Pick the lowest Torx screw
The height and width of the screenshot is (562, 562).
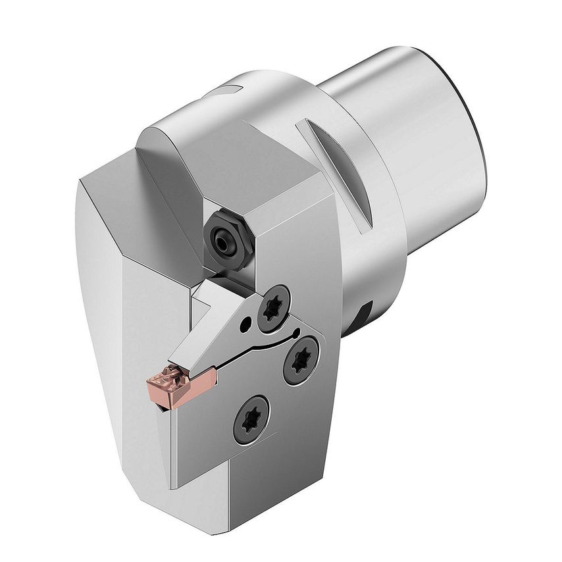coord(252,419)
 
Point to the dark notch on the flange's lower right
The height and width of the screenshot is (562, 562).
coord(363,316)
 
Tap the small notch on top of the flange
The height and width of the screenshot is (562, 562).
coord(230,88)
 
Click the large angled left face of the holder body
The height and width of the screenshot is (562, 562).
coord(125,316)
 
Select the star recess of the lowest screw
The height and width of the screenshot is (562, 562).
coord(252,419)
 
